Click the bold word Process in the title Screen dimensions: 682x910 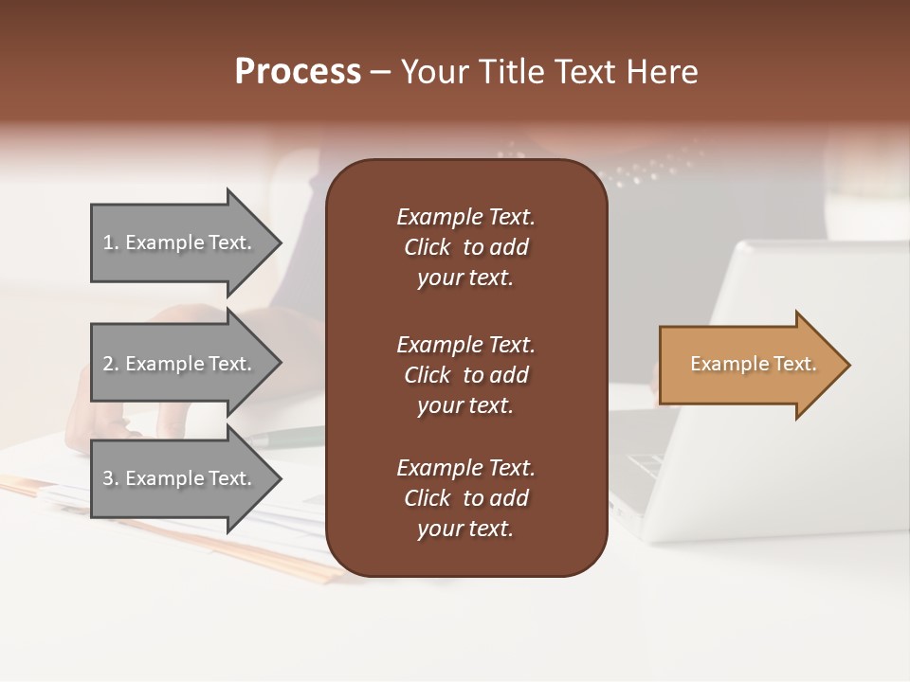(298, 72)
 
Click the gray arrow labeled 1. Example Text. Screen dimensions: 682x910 (180, 242)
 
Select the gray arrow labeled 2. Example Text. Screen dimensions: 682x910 (180, 364)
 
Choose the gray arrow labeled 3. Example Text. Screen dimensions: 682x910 (180, 478)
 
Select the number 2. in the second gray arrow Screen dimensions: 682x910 (111, 364)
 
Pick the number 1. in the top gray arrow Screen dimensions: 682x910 (111, 242)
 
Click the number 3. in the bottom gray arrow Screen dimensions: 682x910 (111, 478)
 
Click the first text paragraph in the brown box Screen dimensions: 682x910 (465, 247)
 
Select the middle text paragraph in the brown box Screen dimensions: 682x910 (465, 375)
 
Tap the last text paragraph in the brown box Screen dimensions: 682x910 (465, 498)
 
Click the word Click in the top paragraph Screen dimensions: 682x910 (427, 247)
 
